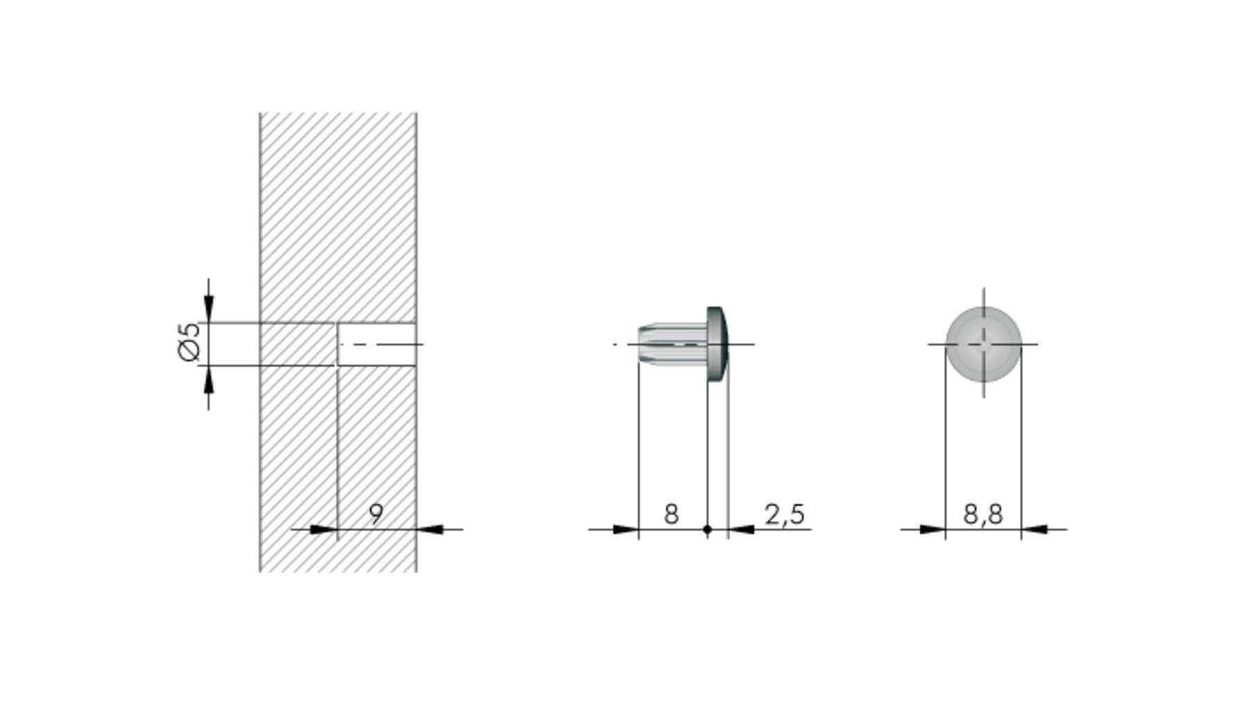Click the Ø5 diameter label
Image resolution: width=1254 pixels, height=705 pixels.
coord(188,342)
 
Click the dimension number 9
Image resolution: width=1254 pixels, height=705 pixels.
coord(376,515)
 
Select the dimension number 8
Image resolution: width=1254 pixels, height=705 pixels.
coord(671,515)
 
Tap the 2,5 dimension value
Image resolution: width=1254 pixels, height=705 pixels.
coord(785,515)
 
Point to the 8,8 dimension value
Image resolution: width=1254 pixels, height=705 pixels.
coord(983,515)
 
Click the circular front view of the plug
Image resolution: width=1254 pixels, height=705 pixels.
coord(983,344)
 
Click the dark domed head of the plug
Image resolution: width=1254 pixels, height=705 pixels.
coord(717,344)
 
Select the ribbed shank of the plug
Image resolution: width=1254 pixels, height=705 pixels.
coord(673,343)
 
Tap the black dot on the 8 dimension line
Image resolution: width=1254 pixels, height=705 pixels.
coord(707,530)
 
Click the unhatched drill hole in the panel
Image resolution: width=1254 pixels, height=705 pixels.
coord(377,344)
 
